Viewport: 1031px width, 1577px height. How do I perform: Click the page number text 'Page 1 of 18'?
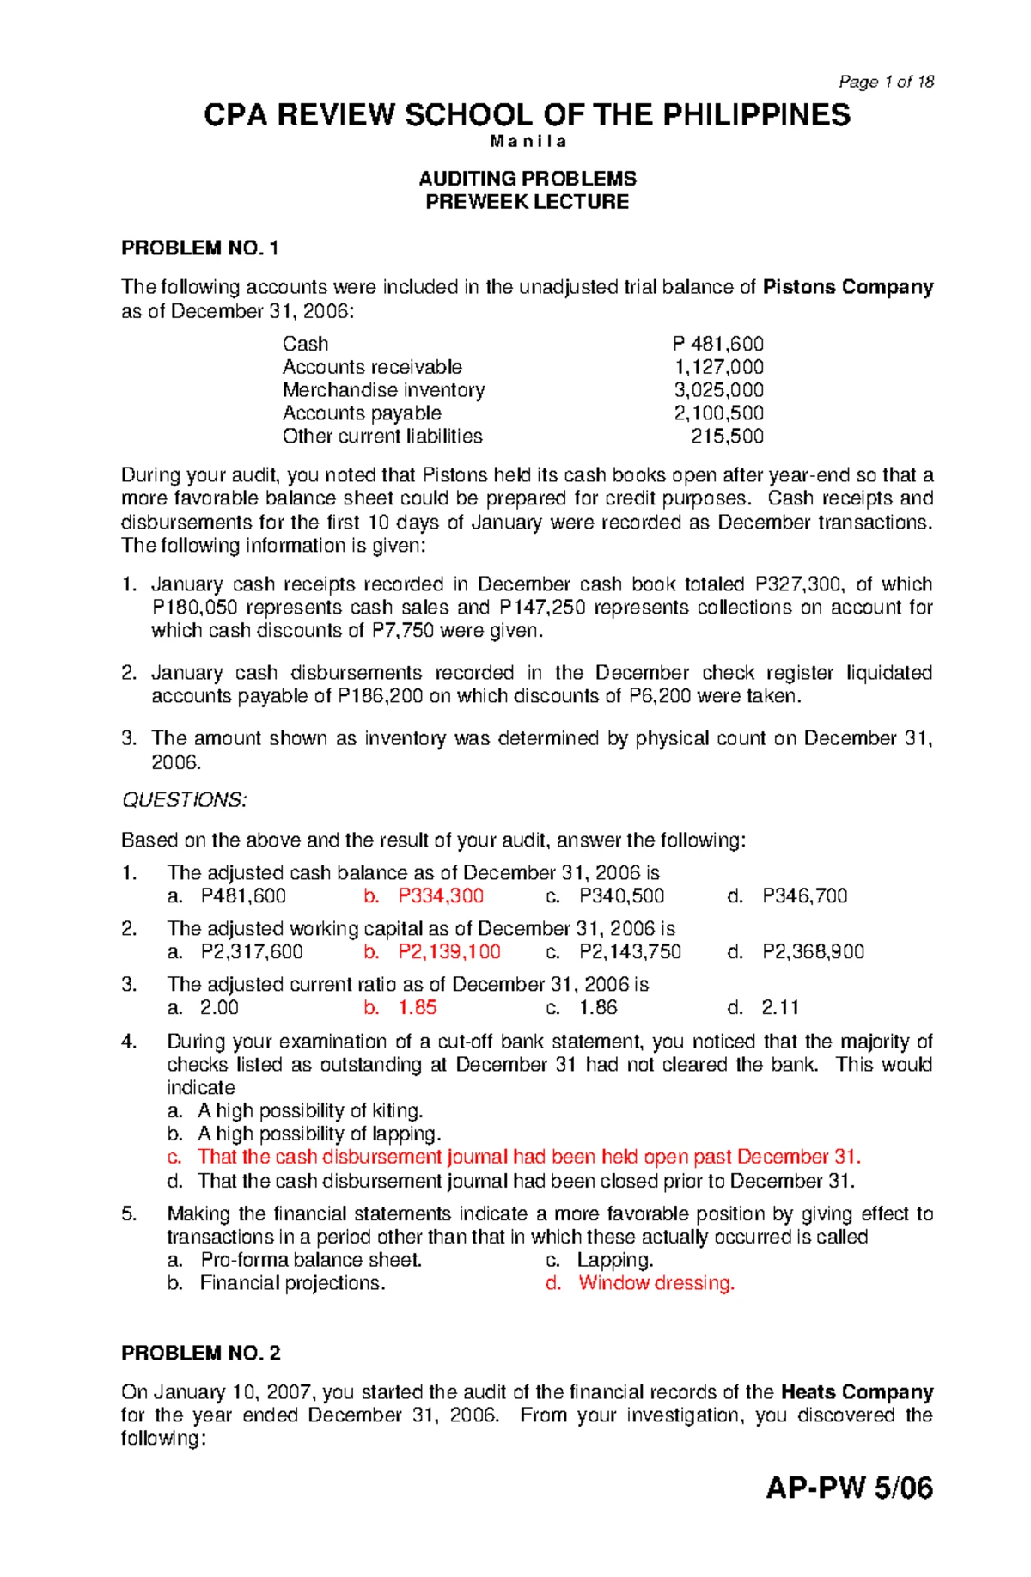[x=886, y=82]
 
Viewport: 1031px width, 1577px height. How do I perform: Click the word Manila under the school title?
[x=528, y=141]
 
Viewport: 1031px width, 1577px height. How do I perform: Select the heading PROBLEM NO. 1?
[x=199, y=248]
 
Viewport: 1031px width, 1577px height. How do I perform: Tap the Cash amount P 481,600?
[x=718, y=344]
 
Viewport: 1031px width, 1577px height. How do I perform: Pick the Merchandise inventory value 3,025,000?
[x=718, y=390]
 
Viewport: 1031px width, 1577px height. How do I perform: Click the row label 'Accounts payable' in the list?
[x=362, y=413]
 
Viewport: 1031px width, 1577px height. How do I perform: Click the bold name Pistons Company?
[x=847, y=287]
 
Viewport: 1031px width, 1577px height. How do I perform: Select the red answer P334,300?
[x=441, y=896]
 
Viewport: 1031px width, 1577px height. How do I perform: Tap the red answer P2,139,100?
[x=449, y=952]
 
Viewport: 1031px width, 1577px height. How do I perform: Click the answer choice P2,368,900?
[x=813, y=952]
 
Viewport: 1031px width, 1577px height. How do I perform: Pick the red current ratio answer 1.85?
[x=418, y=1008]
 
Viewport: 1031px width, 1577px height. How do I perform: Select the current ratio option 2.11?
[x=780, y=1008]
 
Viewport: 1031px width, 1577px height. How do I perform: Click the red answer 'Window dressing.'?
[x=656, y=1283]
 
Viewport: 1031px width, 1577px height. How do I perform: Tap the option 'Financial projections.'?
[x=292, y=1283]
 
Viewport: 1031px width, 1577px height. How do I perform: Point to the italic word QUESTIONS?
[x=184, y=800]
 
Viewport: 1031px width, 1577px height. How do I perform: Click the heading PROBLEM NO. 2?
[x=200, y=1354]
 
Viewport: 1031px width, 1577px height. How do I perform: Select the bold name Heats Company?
[x=857, y=1392]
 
